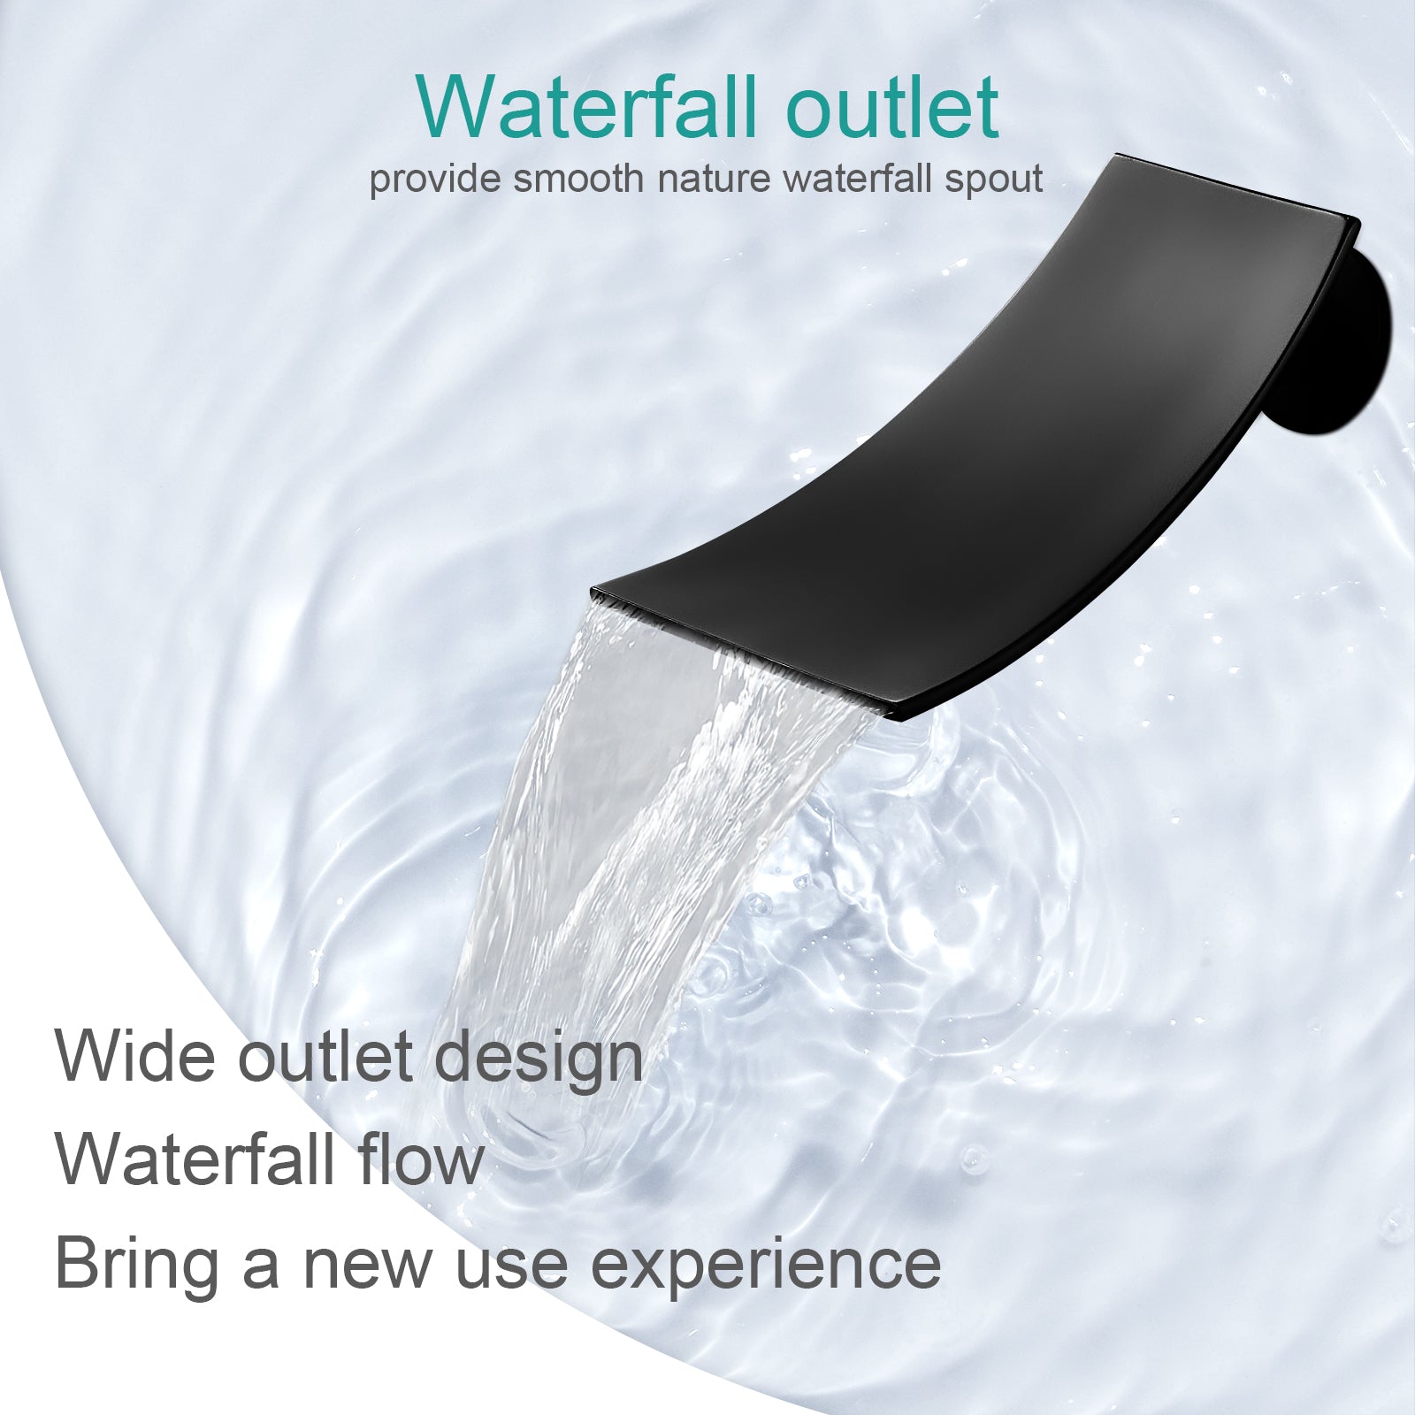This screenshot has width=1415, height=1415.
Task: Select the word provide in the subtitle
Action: click(433, 180)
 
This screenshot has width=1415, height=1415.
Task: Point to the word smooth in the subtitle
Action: click(578, 179)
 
